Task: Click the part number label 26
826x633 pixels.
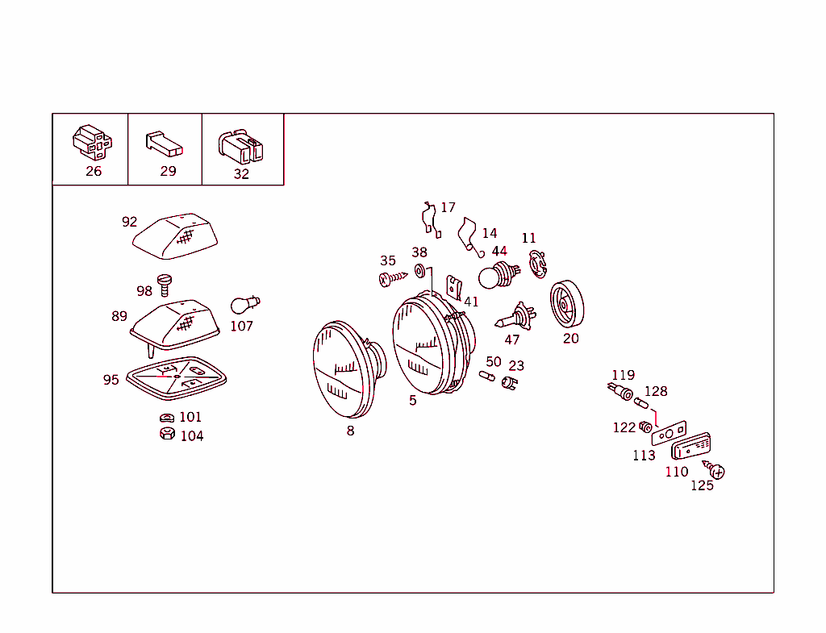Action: [94, 171]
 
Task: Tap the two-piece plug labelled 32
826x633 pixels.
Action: [240, 146]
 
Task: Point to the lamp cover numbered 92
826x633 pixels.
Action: [175, 236]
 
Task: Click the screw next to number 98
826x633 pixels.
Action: [165, 285]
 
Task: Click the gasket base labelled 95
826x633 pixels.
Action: [177, 378]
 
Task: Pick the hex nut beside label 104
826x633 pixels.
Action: [168, 433]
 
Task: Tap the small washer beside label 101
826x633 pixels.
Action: [167, 418]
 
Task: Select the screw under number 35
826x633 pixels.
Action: [393, 278]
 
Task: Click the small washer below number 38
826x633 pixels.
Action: [419, 271]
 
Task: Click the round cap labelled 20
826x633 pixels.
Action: [567, 304]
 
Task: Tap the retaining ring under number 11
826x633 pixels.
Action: [538, 264]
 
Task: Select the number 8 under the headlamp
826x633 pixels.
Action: [350, 431]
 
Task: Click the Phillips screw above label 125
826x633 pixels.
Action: [715, 470]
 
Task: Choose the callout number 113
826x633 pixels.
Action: [644, 455]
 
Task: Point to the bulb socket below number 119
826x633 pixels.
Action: [620, 391]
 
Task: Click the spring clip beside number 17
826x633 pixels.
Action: [432, 219]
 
